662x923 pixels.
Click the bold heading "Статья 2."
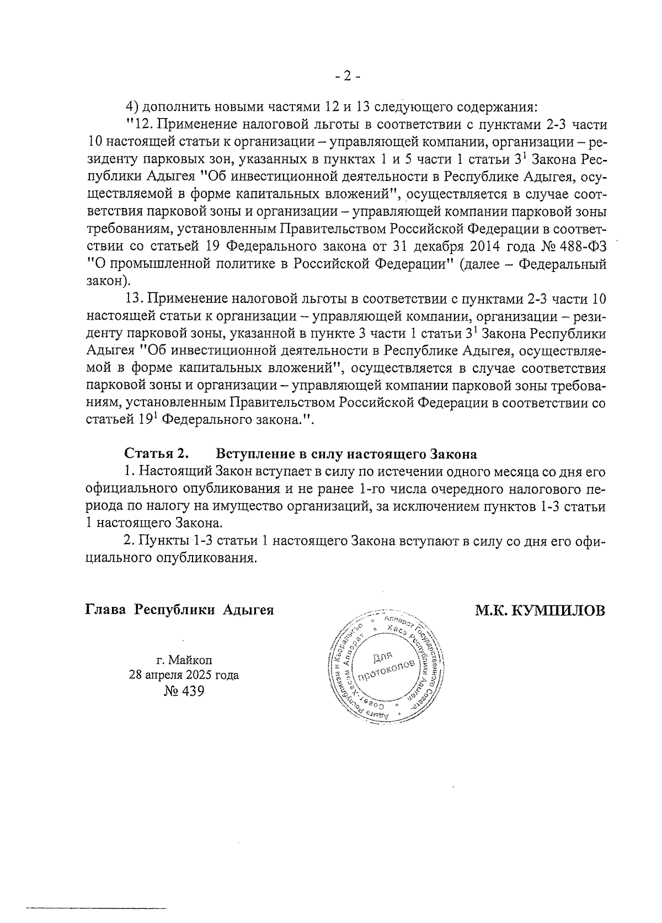(x=157, y=454)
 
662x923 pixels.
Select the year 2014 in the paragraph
(x=484, y=245)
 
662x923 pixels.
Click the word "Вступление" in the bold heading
(x=252, y=454)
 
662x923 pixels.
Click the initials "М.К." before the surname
(x=492, y=611)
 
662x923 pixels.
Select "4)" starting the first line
(x=132, y=106)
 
